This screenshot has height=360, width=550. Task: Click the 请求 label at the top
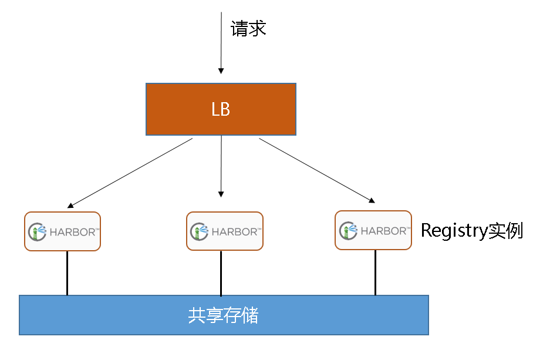tap(249, 29)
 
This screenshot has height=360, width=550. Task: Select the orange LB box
tap(176, 109)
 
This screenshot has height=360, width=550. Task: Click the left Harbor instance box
tap(63, 231)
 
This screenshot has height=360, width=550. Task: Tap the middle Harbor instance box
tap(224, 231)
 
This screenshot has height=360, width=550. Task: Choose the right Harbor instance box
tap(373, 230)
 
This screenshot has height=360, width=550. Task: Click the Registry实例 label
tap(471, 231)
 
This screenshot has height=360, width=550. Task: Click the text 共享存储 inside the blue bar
tap(223, 316)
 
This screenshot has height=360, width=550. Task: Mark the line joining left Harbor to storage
tap(67, 272)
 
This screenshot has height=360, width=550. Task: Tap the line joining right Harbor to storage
tap(375, 272)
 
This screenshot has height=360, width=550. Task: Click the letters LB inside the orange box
tap(221, 110)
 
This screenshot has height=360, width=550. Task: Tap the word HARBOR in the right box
tap(384, 231)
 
